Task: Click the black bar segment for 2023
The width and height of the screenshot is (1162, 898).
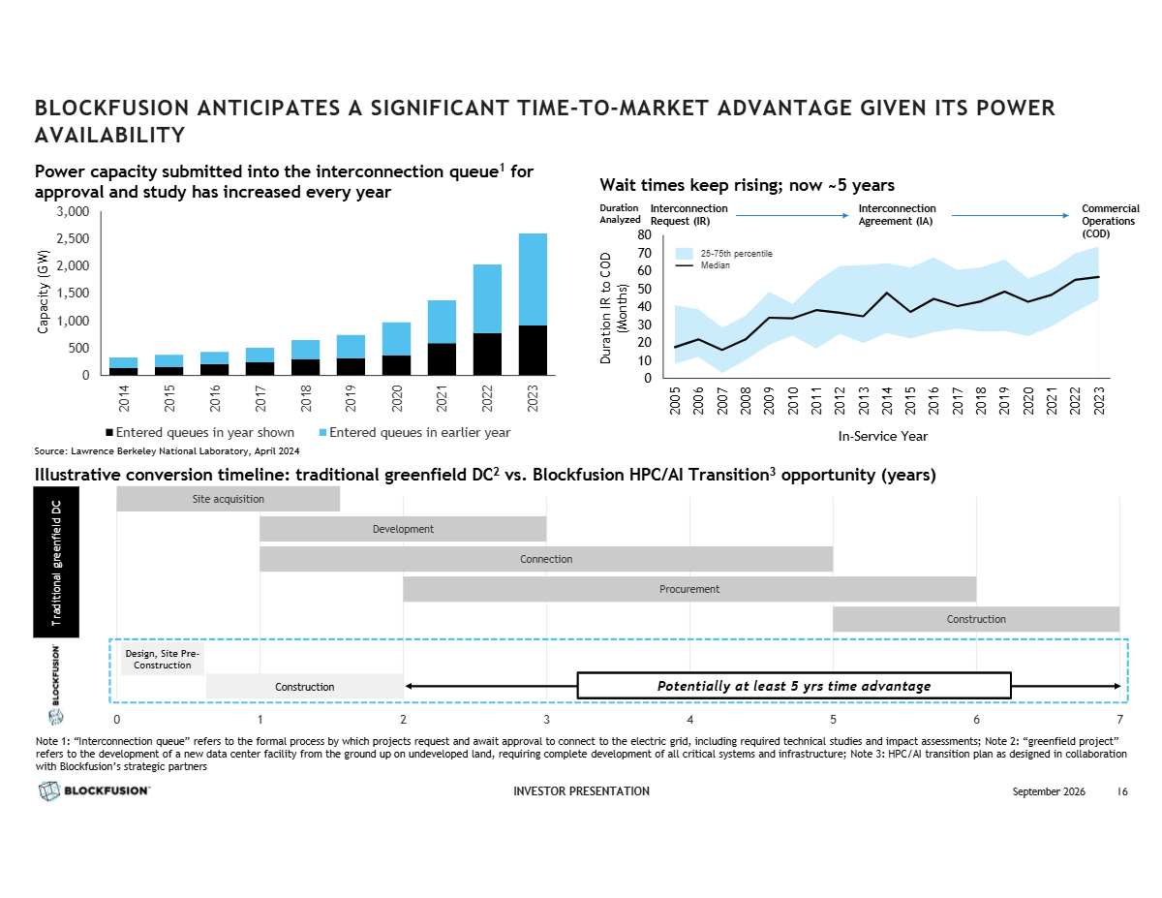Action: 532,350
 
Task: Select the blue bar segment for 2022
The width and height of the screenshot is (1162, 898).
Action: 487,298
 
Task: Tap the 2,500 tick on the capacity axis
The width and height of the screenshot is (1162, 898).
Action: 73,238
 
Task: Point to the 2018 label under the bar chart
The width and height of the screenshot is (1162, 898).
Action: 305,398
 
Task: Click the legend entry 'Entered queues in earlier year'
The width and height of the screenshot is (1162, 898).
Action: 414,432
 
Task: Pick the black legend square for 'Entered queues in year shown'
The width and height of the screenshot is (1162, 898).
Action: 109,432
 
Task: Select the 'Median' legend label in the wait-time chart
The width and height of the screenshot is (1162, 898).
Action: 715,265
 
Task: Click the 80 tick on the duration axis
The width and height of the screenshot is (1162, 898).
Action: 644,234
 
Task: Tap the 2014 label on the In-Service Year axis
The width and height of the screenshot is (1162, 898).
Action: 887,401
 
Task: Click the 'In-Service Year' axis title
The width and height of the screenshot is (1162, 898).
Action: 882,437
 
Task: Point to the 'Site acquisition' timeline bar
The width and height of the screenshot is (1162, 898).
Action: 228,499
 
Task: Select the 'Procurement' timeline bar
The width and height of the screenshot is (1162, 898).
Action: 689,589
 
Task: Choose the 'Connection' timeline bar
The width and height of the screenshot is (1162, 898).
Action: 546,559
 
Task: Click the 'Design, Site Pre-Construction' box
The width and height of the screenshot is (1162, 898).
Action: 162,660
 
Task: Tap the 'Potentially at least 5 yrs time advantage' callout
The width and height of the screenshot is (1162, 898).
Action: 794,686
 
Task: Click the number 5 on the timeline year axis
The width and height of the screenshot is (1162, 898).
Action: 833,720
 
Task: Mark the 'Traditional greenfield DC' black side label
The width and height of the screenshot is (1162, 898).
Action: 56,562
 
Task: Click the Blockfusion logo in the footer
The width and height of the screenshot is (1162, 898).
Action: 94,790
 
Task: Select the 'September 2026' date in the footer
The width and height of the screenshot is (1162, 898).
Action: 1048,791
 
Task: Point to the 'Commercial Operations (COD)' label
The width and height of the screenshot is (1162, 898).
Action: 1110,221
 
